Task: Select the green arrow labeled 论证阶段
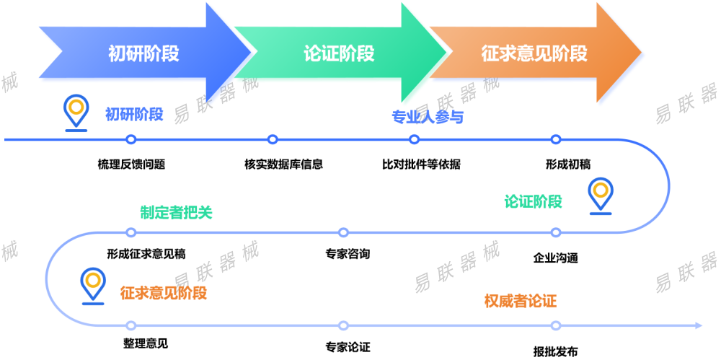(x=339, y=53)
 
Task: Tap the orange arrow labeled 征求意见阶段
(x=534, y=53)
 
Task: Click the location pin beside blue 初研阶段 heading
(x=74, y=111)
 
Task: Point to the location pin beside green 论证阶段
(x=600, y=195)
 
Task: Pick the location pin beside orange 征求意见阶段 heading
(x=92, y=286)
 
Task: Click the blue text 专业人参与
(x=428, y=118)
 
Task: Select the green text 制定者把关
(x=176, y=213)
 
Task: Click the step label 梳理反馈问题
(x=131, y=164)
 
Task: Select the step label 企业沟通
(x=555, y=258)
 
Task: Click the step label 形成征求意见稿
(x=146, y=254)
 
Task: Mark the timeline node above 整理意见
(x=131, y=326)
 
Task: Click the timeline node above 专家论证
(x=343, y=326)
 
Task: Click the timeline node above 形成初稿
(x=555, y=139)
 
